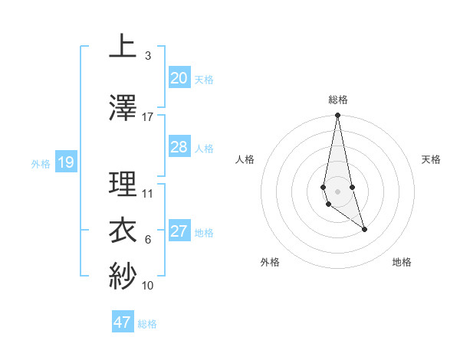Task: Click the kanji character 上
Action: click(x=123, y=46)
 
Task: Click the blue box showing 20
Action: click(x=179, y=78)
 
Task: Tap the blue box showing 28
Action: click(x=179, y=147)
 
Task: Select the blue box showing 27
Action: click(x=179, y=232)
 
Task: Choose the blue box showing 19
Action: click(x=65, y=162)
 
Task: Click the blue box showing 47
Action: click(x=123, y=322)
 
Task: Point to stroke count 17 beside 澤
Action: click(x=148, y=117)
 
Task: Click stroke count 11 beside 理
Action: click(x=148, y=194)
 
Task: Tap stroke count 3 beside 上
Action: click(x=147, y=56)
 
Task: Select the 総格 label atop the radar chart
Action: click(x=337, y=100)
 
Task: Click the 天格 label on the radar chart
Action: click(x=431, y=159)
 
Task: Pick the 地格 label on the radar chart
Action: click(x=402, y=262)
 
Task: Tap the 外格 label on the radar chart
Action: click(x=270, y=262)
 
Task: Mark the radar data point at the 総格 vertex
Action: click(x=337, y=116)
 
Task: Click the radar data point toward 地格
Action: click(x=364, y=229)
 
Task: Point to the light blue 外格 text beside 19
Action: click(x=41, y=163)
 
